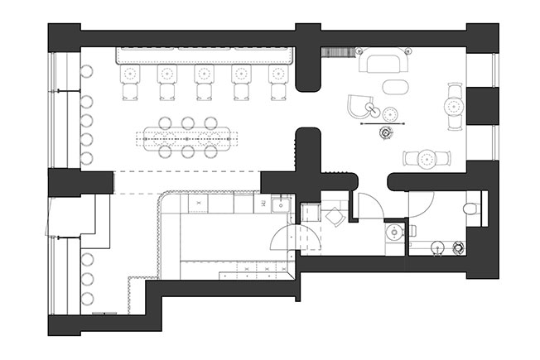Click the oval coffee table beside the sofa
(x=395, y=87)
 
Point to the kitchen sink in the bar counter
(x=282, y=206)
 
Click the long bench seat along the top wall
(x=206, y=55)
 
